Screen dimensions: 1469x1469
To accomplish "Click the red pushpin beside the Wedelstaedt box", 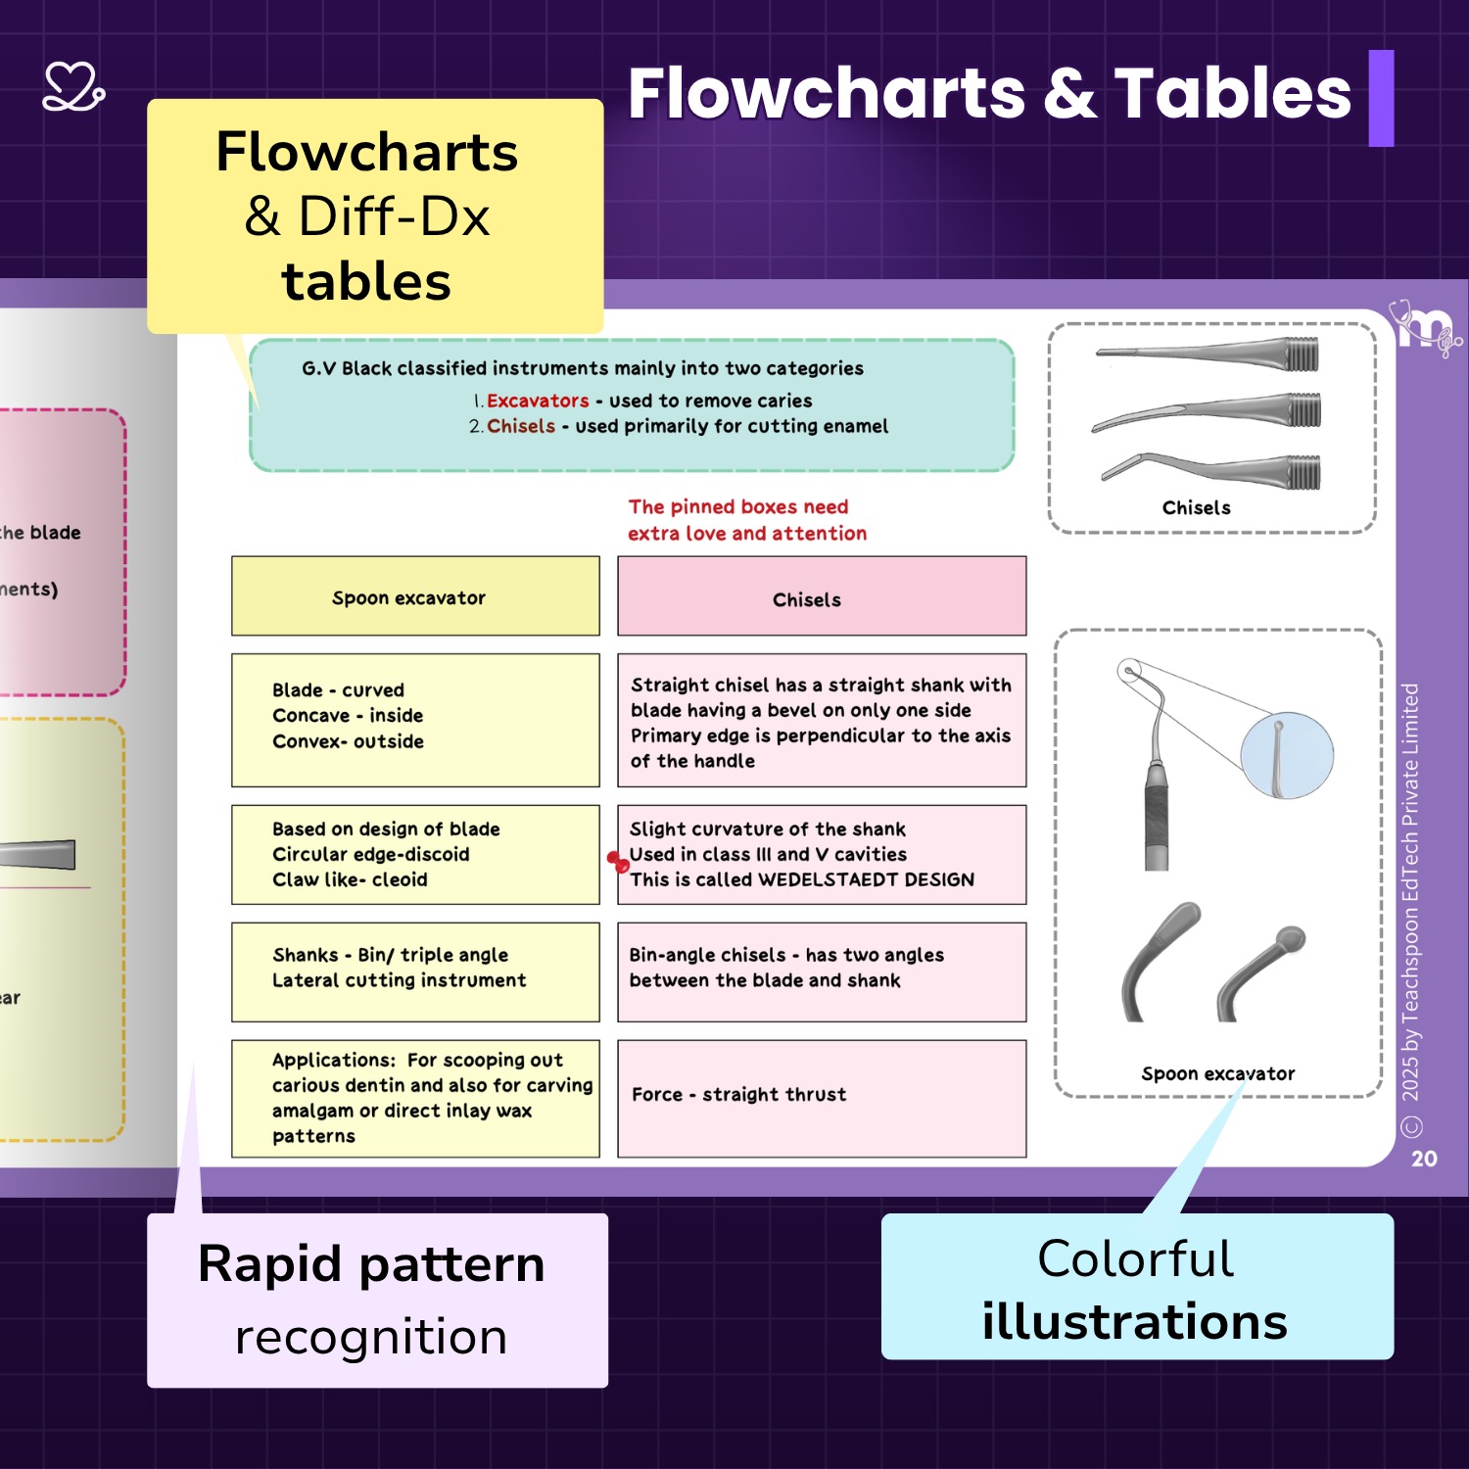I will (x=618, y=862).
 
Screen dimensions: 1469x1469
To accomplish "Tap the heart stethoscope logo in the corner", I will (x=73, y=87).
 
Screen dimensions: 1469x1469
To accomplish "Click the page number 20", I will (x=1424, y=1159).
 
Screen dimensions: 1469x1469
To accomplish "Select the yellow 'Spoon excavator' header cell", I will (x=415, y=596).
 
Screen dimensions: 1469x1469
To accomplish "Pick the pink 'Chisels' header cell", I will (x=822, y=596).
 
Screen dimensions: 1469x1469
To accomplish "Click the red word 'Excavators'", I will (x=538, y=401).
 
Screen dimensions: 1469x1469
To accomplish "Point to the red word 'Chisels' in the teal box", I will (x=521, y=426).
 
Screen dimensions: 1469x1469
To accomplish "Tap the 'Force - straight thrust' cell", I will (x=822, y=1098).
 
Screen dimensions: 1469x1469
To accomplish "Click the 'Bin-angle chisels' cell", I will (x=822, y=971).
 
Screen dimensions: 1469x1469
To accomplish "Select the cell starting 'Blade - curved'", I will (x=415, y=720).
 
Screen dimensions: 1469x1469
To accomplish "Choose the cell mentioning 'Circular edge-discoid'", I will (x=415, y=854).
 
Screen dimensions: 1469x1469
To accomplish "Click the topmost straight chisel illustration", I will (x=1209, y=353).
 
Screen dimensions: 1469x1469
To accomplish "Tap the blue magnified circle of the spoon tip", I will (x=1286, y=755).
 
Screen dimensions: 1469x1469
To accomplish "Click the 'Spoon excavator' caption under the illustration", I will (x=1217, y=1073).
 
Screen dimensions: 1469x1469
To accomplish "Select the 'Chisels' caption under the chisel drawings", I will (x=1196, y=507).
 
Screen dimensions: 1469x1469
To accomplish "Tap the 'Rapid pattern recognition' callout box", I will (x=377, y=1300).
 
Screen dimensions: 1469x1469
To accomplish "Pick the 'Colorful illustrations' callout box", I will (x=1136, y=1287).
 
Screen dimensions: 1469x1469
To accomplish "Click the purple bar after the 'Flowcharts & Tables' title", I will (x=1381, y=98).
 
